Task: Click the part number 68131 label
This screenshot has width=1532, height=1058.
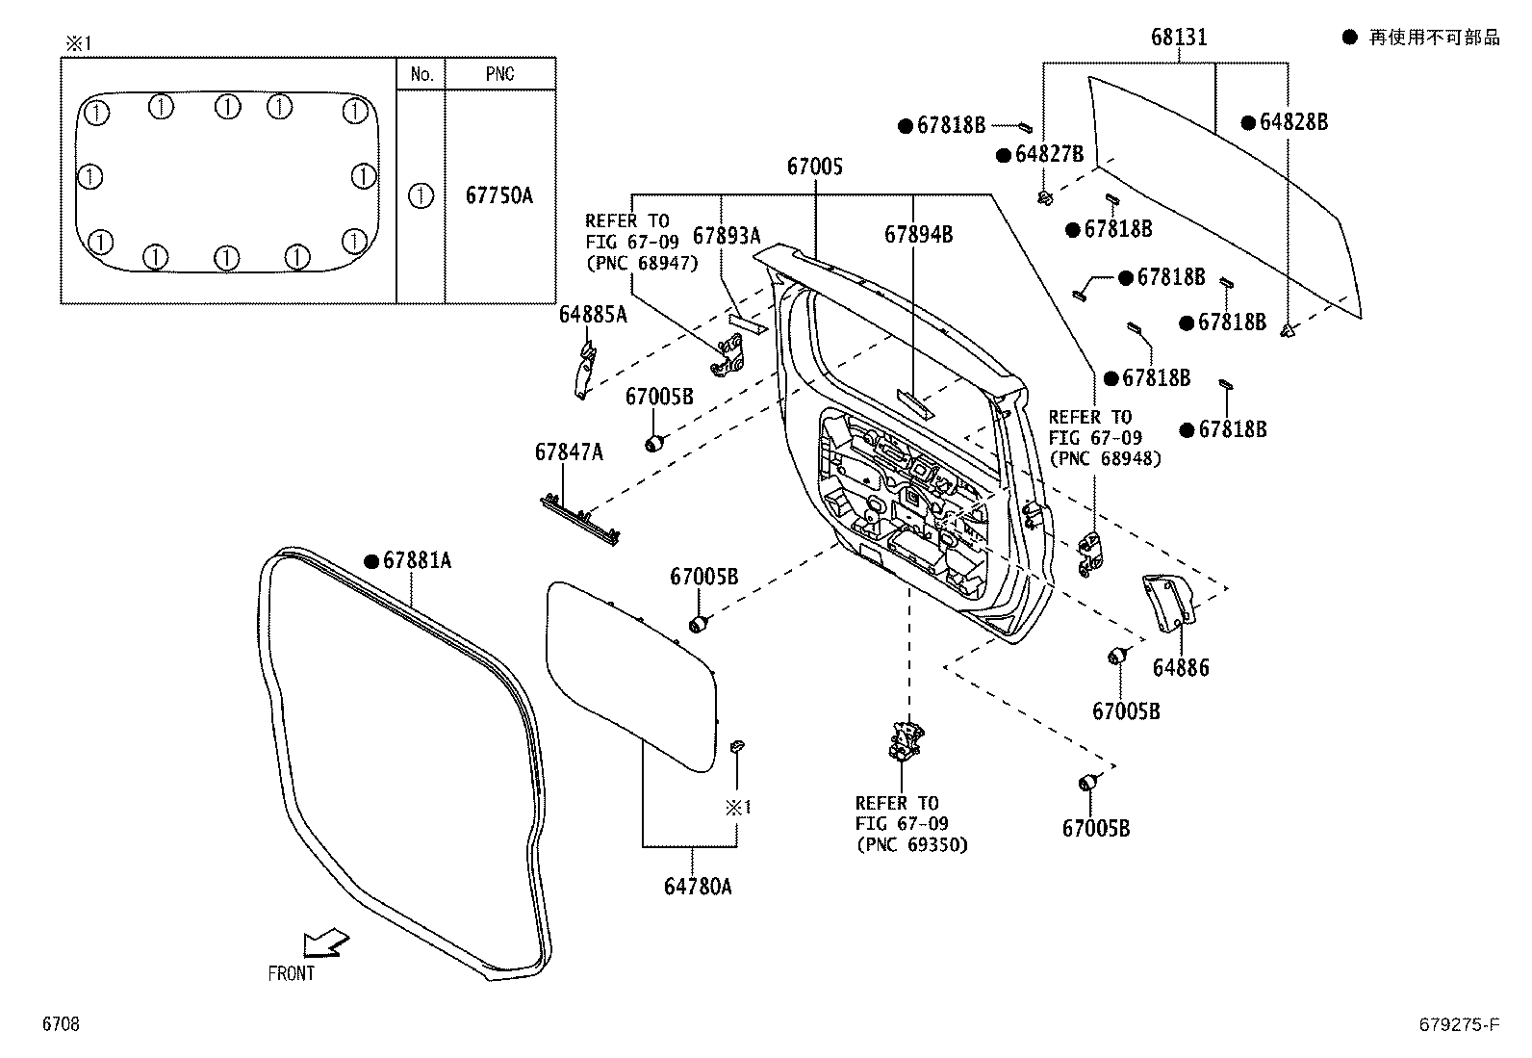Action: point(1178,38)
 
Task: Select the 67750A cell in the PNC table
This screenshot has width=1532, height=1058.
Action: point(498,195)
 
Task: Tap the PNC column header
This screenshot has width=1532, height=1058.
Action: point(498,74)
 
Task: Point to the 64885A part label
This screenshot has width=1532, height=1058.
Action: point(593,314)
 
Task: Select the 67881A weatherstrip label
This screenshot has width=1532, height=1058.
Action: point(416,560)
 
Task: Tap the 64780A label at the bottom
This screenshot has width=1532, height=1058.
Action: point(697,886)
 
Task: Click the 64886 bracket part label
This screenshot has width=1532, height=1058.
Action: point(1180,667)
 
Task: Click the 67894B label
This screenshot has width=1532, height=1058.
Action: point(918,234)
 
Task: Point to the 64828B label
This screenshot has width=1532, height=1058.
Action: point(1292,122)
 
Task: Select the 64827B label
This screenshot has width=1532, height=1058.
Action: point(1048,154)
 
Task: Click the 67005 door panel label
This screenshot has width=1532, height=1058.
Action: point(814,167)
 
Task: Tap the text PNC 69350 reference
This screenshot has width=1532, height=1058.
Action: point(911,844)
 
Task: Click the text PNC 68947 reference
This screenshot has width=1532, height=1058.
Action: point(642,263)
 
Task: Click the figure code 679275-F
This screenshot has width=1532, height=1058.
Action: point(1458,1025)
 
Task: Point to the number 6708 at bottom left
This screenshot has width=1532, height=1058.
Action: point(60,1025)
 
